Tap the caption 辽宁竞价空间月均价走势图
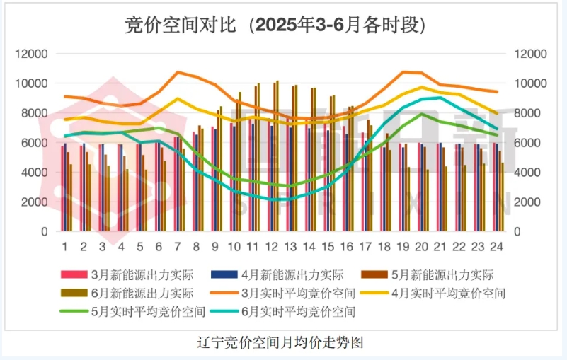[282, 343]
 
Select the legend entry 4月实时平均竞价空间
[462, 292]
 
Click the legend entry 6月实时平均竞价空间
[309, 310]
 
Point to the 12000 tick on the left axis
[33, 54]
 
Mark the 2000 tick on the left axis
[35, 202]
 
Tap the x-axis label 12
[271, 247]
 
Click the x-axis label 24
[497, 247]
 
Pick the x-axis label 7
[177, 247]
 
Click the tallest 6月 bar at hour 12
[277, 156]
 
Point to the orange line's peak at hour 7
[178, 72]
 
